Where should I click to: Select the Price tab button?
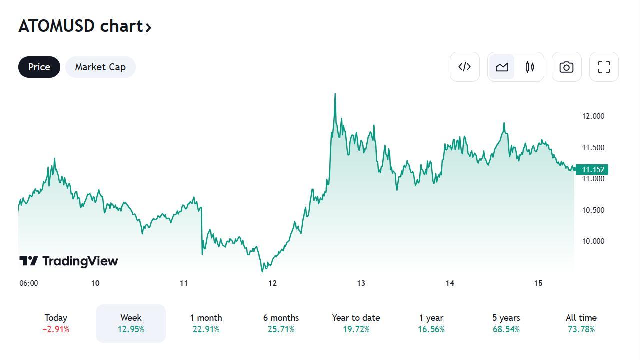(x=39, y=67)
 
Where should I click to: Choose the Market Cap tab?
(x=100, y=67)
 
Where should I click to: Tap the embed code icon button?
(x=465, y=67)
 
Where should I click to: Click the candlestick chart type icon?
(x=530, y=67)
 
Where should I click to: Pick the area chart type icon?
(x=502, y=67)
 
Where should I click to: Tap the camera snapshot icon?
(x=566, y=67)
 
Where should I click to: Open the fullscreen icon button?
(x=604, y=67)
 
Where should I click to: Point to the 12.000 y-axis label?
(x=593, y=116)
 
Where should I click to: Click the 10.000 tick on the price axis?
(x=593, y=241)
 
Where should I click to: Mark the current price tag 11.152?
(x=592, y=170)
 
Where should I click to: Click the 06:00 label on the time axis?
(x=29, y=283)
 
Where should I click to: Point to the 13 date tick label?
(x=361, y=283)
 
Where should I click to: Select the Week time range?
(x=131, y=323)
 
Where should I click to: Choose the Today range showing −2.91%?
(x=56, y=323)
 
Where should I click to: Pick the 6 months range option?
(x=281, y=323)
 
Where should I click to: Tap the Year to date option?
(x=356, y=323)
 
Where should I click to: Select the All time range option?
(x=581, y=323)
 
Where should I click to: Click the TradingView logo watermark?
(x=69, y=261)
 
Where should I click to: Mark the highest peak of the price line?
(x=335, y=94)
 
